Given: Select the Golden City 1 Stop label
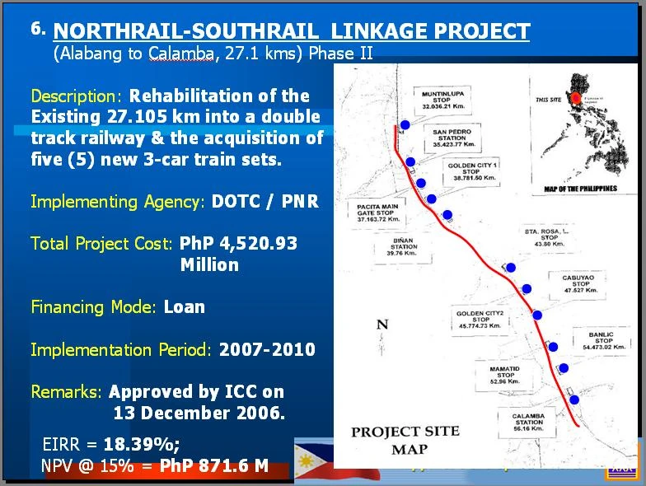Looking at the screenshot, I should [x=472, y=171].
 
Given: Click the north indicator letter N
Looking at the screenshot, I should [x=382, y=324].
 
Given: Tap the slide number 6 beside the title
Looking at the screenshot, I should [x=37, y=27].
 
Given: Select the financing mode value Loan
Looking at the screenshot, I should [x=185, y=306].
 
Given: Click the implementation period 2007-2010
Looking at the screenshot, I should [x=267, y=349].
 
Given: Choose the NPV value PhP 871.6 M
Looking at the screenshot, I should [x=214, y=465].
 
